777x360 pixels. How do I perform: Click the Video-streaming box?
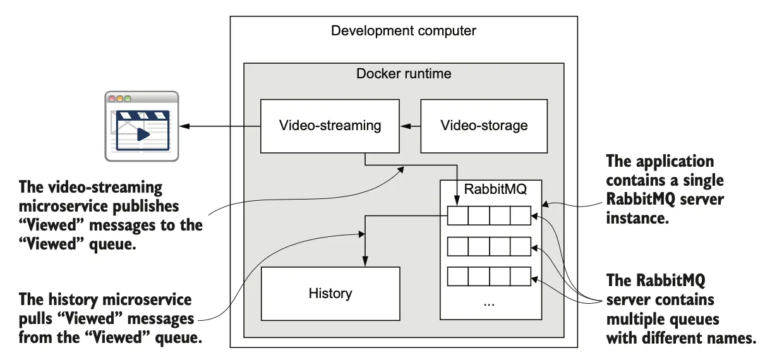(x=330, y=125)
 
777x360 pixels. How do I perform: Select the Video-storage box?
(x=484, y=125)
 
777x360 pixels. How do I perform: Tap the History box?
(x=330, y=293)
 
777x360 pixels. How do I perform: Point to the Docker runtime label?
(x=404, y=74)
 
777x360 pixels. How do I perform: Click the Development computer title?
(x=404, y=30)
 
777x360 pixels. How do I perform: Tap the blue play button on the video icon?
(x=143, y=134)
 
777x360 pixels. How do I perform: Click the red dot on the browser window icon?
(x=112, y=99)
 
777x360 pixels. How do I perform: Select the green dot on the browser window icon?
(x=128, y=99)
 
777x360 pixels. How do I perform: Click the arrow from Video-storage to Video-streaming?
(x=410, y=126)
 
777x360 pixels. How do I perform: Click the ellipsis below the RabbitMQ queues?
(x=489, y=303)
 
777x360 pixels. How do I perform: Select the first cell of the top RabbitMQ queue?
(x=458, y=217)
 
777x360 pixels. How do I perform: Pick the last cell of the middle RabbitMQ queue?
(x=521, y=246)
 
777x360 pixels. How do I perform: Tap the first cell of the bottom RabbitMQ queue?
(x=458, y=277)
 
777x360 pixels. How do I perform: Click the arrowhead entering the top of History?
(x=364, y=262)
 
